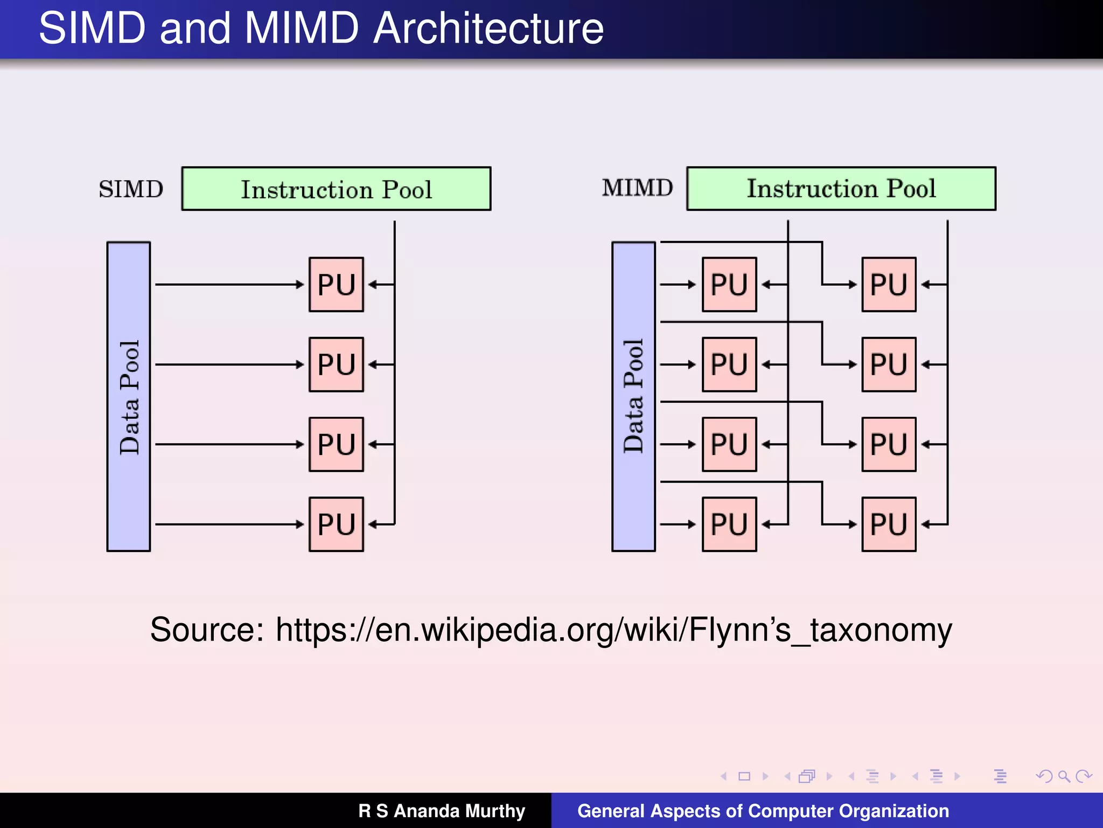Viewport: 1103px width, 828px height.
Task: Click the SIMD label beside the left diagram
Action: (x=131, y=189)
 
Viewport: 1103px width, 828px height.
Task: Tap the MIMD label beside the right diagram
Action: (x=637, y=188)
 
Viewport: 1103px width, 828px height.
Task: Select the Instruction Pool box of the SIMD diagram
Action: (x=336, y=189)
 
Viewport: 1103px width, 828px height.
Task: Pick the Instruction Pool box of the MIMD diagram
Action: (x=841, y=189)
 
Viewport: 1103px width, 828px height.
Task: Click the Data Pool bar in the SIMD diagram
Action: (x=129, y=397)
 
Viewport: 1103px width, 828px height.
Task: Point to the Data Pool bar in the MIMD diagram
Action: (x=633, y=397)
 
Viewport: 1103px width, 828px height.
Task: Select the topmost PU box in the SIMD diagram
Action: (x=336, y=285)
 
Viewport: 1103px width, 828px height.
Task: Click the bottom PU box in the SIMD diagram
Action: (x=336, y=524)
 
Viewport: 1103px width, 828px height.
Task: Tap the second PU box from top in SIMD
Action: (x=336, y=364)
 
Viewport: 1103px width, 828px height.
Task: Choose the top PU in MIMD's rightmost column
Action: (x=889, y=285)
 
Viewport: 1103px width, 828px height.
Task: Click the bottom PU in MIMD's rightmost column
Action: (x=889, y=524)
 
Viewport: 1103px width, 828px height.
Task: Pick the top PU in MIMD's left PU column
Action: (x=729, y=285)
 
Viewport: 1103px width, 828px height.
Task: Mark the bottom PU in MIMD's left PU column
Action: (x=729, y=524)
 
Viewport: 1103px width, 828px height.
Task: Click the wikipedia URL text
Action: (x=614, y=630)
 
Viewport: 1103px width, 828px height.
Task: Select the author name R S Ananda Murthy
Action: (x=442, y=811)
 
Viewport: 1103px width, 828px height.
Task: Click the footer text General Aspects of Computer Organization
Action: (x=763, y=811)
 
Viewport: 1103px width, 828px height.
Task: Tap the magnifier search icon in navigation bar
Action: (x=1063, y=776)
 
